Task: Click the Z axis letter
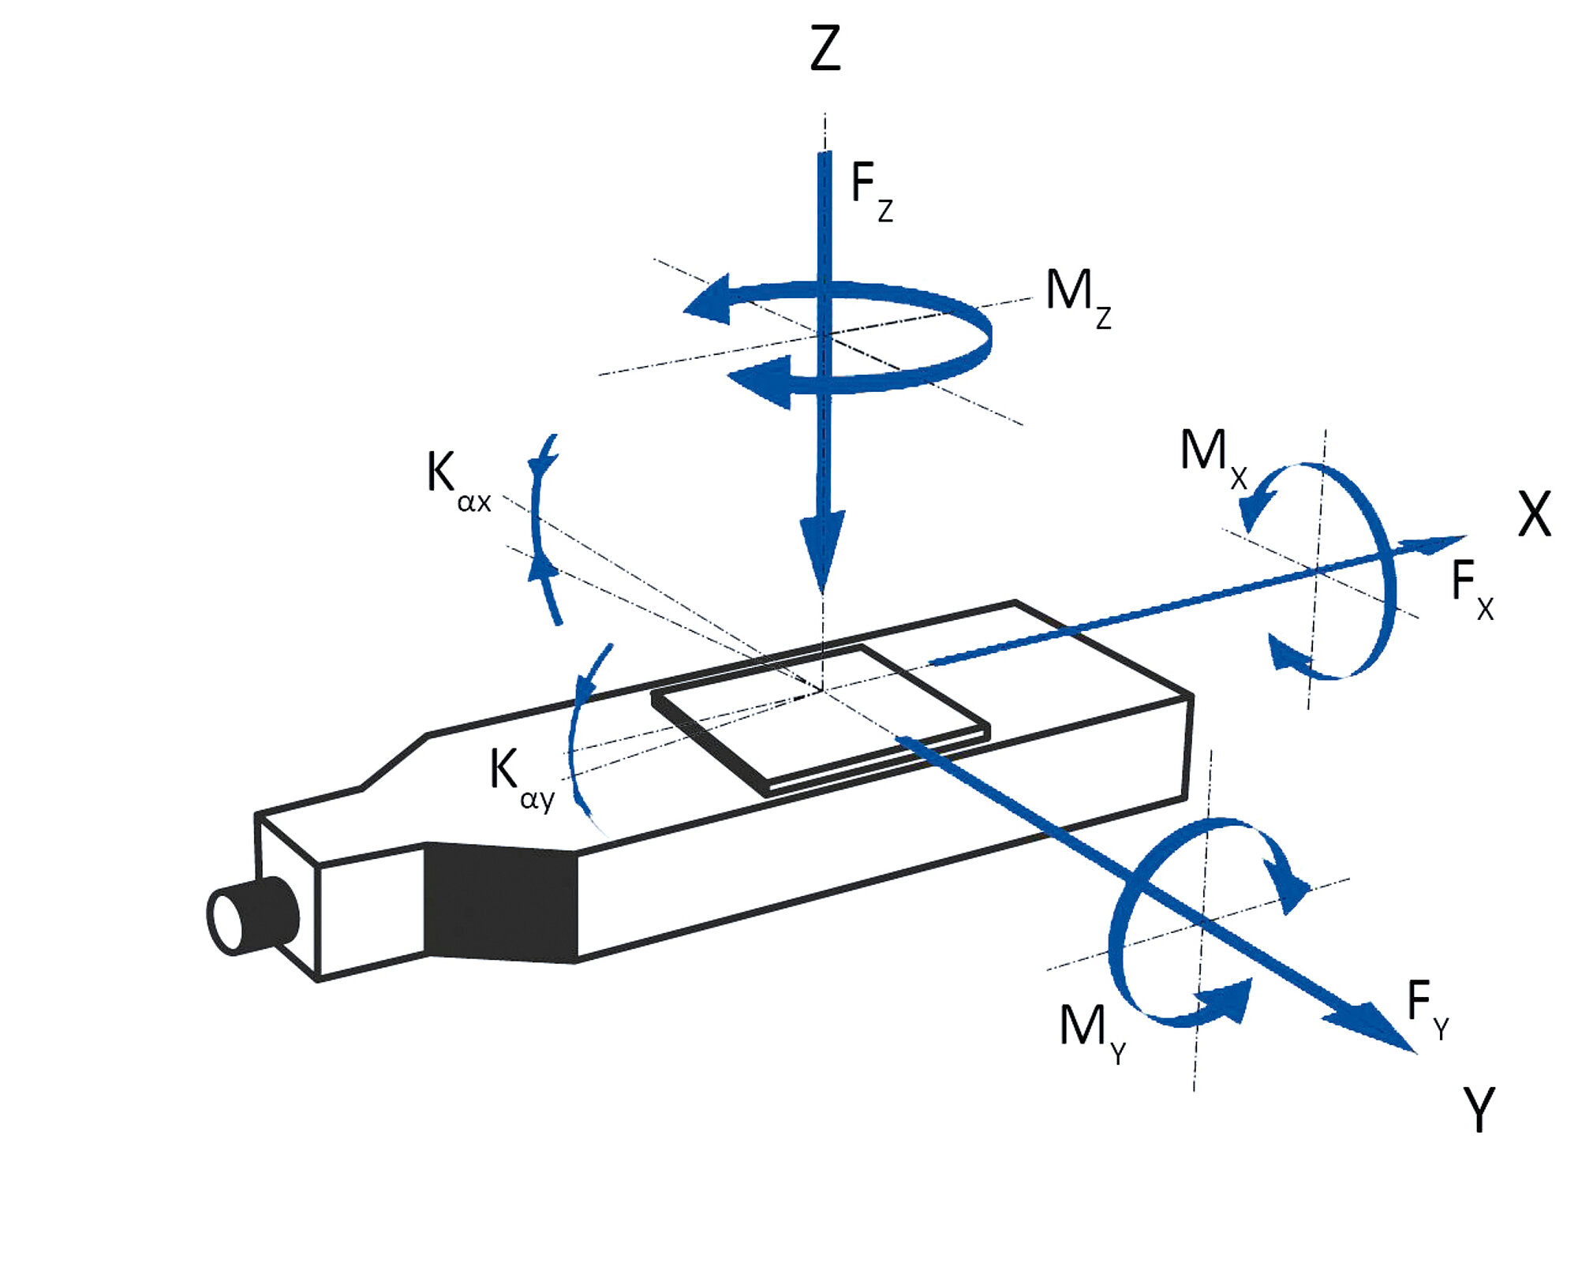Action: tap(825, 49)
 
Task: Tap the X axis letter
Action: tap(1535, 514)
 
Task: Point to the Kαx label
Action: tap(458, 482)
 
